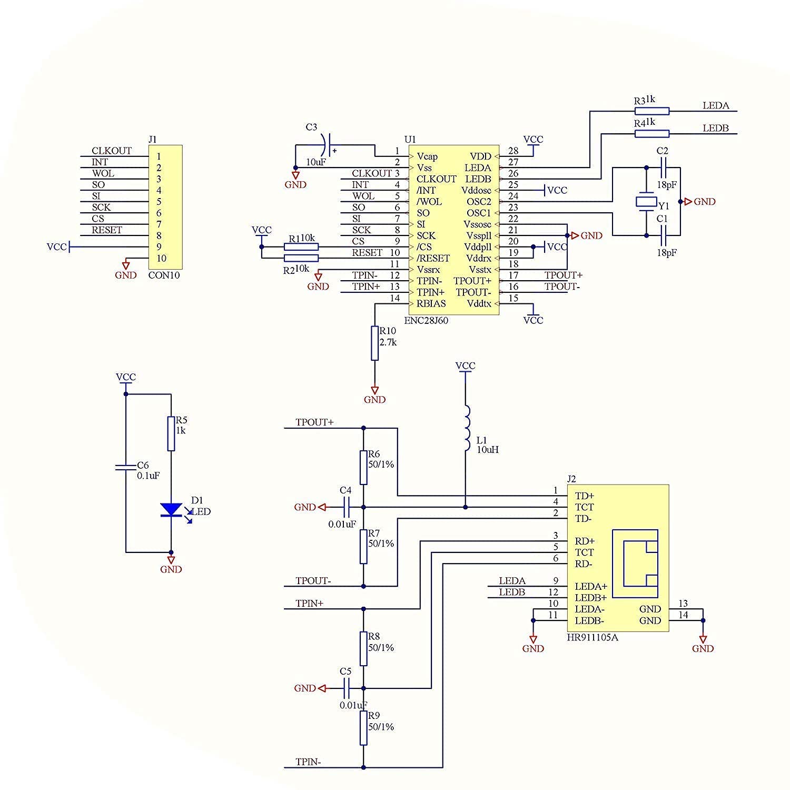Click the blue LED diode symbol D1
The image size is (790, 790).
pos(171,510)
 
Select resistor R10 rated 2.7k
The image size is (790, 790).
pos(374,343)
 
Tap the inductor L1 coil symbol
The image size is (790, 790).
pos(467,428)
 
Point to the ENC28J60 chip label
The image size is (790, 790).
pos(426,320)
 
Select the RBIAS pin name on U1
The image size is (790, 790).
pos(431,304)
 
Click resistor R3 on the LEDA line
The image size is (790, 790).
pos(652,111)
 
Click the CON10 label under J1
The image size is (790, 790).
pos(164,275)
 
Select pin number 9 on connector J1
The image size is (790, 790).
pos(159,247)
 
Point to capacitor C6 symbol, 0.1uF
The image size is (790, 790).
pos(126,467)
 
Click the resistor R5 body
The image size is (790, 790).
pos(171,433)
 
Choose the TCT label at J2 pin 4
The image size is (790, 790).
pos(584,507)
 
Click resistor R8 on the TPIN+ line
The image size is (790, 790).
pos(363,649)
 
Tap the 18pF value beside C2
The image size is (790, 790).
pos(667,185)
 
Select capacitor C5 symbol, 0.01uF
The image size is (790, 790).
pos(347,688)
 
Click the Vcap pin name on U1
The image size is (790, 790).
pos(427,156)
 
